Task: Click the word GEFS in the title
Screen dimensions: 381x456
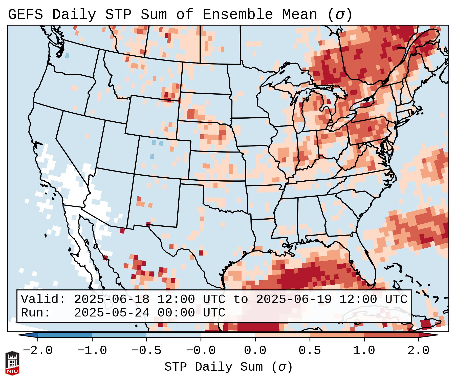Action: point(25,15)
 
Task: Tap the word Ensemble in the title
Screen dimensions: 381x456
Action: point(237,15)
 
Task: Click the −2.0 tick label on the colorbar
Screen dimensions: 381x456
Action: point(38,351)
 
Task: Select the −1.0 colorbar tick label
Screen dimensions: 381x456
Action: point(92,351)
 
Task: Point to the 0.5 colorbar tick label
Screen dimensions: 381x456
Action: point(310,351)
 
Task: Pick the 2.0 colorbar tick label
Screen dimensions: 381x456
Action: point(418,351)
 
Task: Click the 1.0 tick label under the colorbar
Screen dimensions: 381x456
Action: point(364,351)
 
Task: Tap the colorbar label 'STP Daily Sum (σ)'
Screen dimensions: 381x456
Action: point(228,367)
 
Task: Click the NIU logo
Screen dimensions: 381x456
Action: point(12,363)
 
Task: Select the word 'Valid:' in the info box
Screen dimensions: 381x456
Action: point(43,300)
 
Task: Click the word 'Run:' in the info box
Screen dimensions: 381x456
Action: point(36,313)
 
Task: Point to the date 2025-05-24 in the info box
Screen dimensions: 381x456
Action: point(112,313)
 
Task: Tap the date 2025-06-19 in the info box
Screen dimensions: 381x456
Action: point(294,300)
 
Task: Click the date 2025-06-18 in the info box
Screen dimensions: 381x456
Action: point(112,300)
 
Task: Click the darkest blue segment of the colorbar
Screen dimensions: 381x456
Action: point(65,335)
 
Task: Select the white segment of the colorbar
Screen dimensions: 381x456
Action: point(228,335)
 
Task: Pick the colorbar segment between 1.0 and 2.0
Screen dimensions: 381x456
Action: point(391,335)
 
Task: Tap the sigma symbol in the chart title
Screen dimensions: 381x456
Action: point(340,15)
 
